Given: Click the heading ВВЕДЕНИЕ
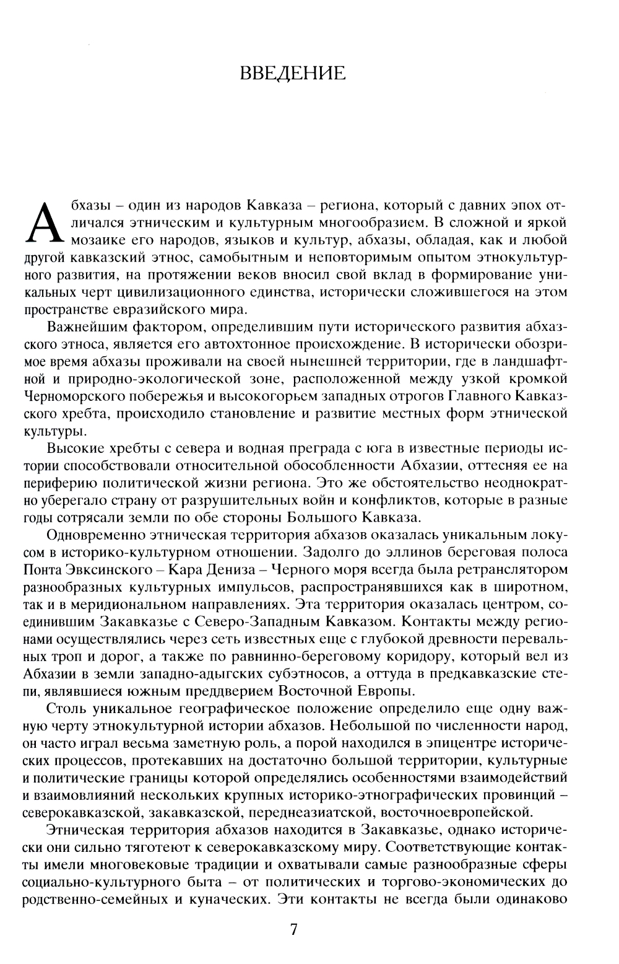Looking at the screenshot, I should (292, 74).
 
